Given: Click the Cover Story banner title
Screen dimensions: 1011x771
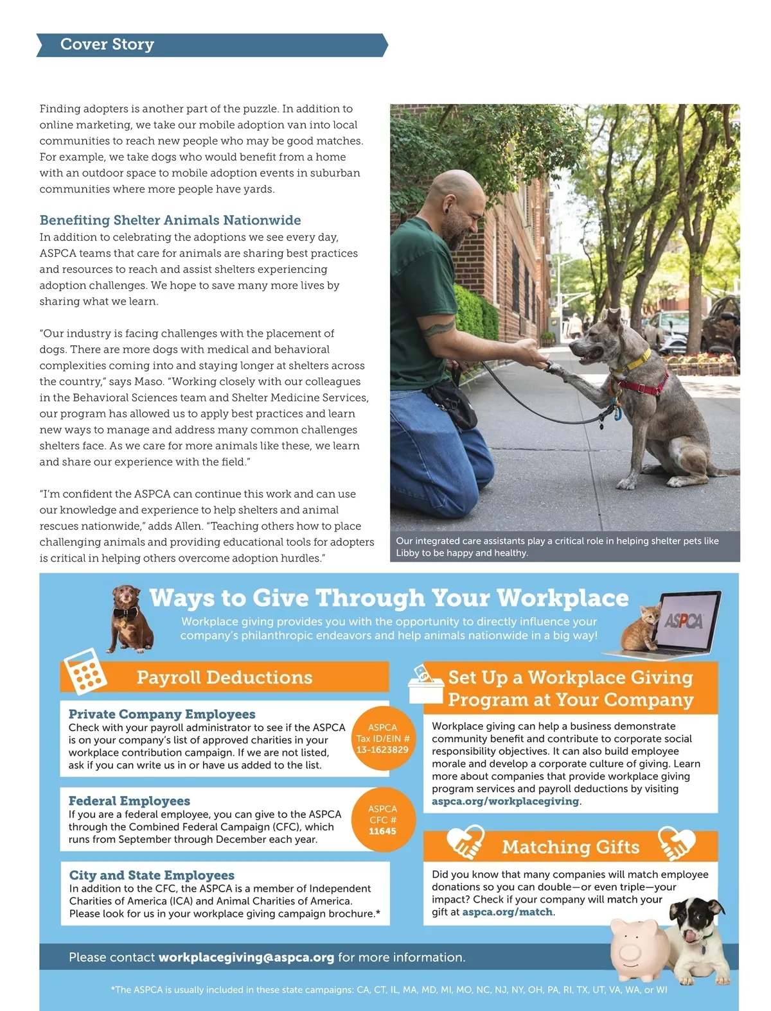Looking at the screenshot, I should [x=107, y=44].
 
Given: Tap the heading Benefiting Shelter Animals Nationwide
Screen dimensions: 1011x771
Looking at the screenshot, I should [x=170, y=220].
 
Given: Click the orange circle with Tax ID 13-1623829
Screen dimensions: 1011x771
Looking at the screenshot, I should [x=383, y=739].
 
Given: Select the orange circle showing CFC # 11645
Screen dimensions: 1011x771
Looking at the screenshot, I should [x=383, y=820].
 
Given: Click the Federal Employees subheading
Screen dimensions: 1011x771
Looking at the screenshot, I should [x=129, y=801].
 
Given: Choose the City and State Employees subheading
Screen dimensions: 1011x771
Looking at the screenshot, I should [x=152, y=876].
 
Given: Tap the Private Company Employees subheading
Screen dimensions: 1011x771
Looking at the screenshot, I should [x=162, y=714].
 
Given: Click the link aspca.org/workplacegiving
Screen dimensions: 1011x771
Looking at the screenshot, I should [x=505, y=801].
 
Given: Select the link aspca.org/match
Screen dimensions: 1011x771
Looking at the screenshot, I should [x=507, y=912].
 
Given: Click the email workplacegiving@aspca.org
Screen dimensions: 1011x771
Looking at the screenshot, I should [x=246, y=957].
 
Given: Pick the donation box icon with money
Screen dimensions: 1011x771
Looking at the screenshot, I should [x=425, y=685].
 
